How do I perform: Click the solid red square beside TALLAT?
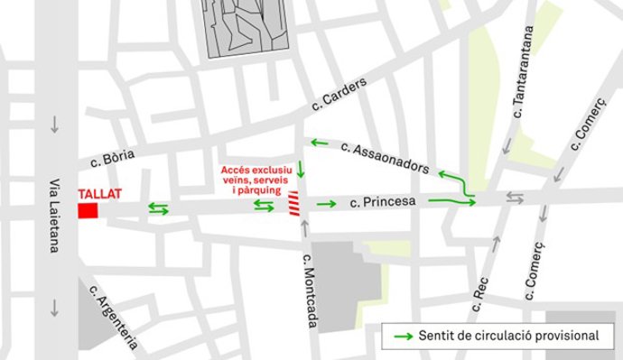[88, 210]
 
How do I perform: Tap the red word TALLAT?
[99, 194]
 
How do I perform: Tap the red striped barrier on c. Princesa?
[294, 205]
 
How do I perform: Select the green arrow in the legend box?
[404, 336]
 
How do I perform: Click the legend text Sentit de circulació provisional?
[508, 336]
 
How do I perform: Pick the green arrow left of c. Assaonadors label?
[320, 143]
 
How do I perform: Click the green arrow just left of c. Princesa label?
[326, 203]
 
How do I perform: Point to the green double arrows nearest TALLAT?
[157, 209]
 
